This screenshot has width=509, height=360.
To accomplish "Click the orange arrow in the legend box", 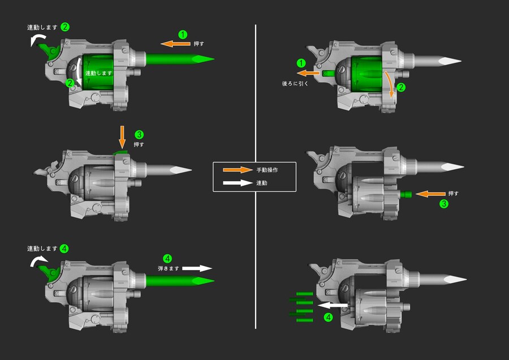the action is click(238, 170).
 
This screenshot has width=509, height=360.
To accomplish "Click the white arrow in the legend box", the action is click(238, 183).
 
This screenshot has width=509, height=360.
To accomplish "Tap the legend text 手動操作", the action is click(267, 170).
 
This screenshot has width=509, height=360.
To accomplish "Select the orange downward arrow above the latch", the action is click(122, 137).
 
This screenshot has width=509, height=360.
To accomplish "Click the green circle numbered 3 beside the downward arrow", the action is click(139, 135).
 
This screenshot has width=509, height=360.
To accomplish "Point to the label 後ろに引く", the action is click(295, 84).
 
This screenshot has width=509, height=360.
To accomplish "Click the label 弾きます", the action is click(169, 269).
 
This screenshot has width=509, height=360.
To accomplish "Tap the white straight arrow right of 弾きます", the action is click(197, 268).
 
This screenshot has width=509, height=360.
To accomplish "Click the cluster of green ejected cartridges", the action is click(301, 307).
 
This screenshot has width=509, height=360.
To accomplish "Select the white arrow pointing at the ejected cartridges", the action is click(333, 306).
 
